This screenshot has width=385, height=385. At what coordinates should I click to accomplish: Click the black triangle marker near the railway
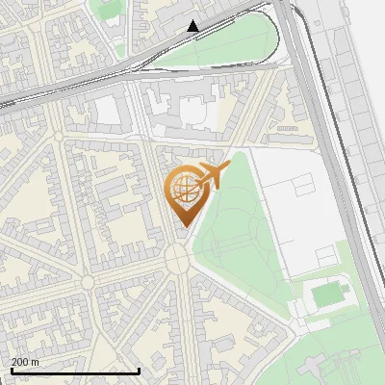(x=193, y=26)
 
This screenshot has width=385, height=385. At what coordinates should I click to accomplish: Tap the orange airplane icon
(x=212, y=176)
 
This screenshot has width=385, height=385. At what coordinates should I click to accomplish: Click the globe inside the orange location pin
(x=183, y=189)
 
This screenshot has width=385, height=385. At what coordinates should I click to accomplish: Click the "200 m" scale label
(x=25, y=362)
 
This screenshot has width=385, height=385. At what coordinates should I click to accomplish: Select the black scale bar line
(x=74, y=371)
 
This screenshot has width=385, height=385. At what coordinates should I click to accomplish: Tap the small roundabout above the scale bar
(x=88, y=282)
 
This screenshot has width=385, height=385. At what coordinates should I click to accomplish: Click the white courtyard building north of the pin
(x=192, y=111)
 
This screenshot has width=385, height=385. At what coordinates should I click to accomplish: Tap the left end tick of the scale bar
(x=11, y=371)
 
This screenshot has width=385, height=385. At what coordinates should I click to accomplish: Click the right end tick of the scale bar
(x=139, y=371)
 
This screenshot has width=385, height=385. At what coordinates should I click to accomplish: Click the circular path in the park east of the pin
(x=252, y=236)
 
